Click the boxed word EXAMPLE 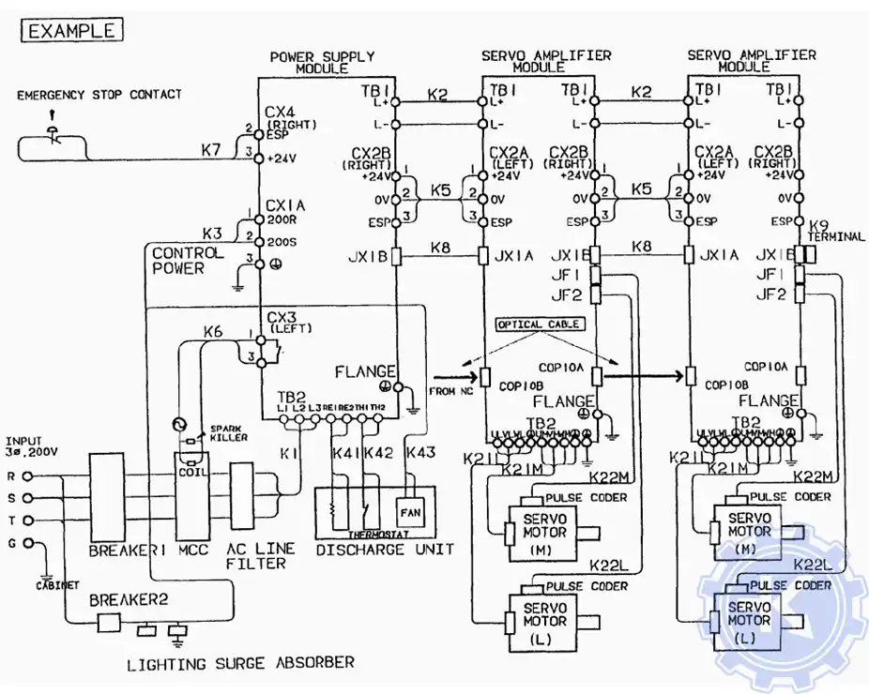[x=72, y=30]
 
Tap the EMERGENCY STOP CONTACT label [x=99, y=95]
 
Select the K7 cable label [x=212, y=150]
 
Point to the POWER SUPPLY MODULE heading [x=322, y=62]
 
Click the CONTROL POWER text [x=188, y=260]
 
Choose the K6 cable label [x=213, y=331]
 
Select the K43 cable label [x=420, y=453]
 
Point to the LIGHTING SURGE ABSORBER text [x=241, y=663]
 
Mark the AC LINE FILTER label [x=260, y=555]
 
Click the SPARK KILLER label [x=212, y=432]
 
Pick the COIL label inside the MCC [x=192, y=472]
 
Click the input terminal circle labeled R [x=27, y=476]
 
